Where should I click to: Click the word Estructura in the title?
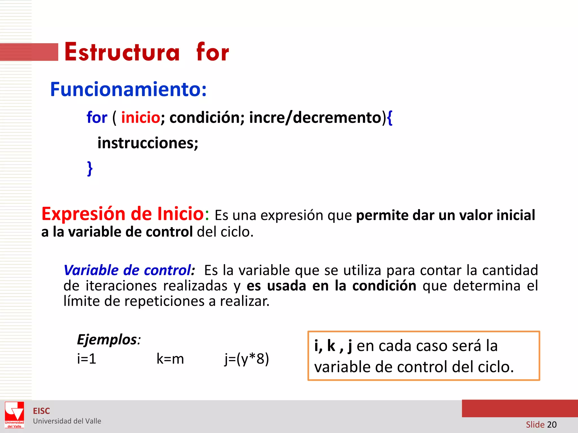click(122, 52)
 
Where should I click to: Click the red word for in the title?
click(213, 52)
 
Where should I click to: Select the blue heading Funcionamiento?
click(128, 89)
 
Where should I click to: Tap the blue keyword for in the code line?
click(97, 118)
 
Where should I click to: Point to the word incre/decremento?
click(315, 118)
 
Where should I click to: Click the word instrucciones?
click(148, 143)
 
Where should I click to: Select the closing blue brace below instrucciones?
click(90, 169)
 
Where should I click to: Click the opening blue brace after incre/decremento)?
click(389, 118)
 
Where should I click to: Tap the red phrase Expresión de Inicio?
click(122, 214)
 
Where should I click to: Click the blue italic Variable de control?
click(129, 270)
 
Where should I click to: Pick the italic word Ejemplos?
click(107, 339)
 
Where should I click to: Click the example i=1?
click(87, 359)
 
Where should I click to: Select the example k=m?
click(170, 359)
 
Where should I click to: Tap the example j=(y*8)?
click(247, 359)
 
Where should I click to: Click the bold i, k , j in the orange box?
click(333, 346)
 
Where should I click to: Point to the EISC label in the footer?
click(41, 411)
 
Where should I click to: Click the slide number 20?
click(552, 425)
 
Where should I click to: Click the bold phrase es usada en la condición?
click(331, 286)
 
